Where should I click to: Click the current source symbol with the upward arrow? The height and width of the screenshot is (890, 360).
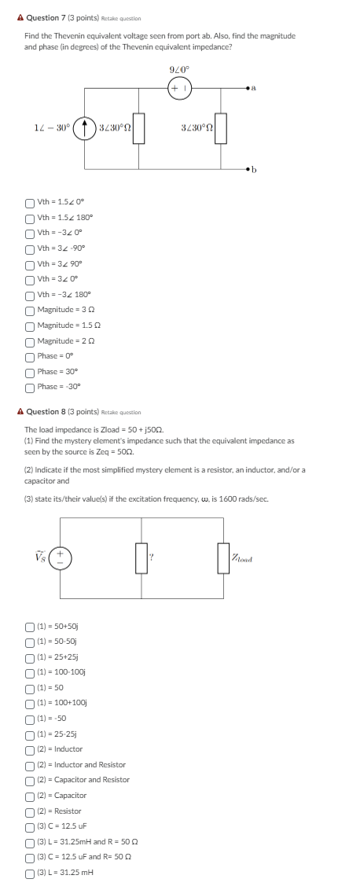point(85,129)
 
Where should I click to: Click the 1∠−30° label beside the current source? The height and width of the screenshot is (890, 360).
point(50,128)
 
